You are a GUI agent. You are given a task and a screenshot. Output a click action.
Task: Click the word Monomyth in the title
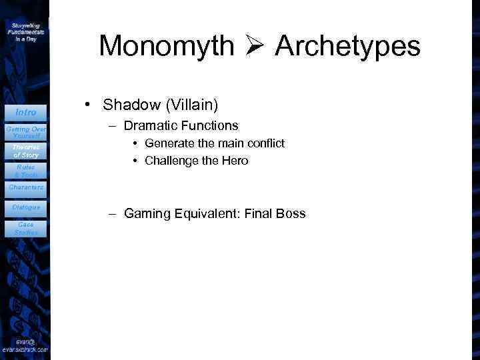point(166,47)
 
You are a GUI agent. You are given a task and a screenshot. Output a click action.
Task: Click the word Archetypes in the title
point(347,47)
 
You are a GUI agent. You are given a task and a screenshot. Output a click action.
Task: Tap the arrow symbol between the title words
point(255,47)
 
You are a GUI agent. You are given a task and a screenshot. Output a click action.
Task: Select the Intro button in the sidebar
point(25,112)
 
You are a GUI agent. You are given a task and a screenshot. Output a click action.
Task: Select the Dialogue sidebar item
point(25,207)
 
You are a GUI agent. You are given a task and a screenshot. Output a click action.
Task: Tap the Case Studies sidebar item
point(25,228)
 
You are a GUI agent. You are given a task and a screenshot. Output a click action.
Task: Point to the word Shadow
point(128,105)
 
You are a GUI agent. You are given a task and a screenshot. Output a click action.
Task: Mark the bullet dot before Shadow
point(87,105)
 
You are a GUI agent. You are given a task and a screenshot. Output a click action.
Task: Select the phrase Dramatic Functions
point(181,125)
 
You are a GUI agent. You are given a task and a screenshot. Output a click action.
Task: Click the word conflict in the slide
point(267,143)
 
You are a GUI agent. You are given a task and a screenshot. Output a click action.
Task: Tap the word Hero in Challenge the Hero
point(235,161)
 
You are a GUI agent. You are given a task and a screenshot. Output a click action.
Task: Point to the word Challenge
point(169,161)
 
